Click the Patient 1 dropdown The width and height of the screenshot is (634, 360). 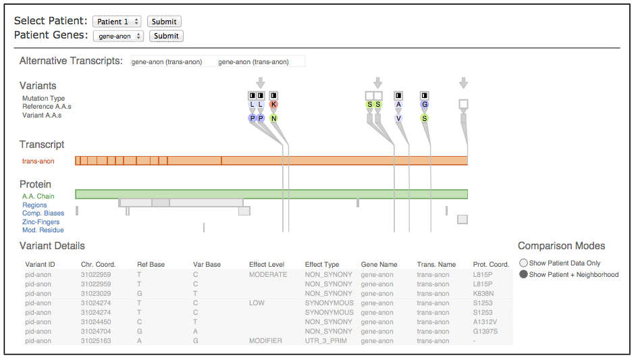pyautogui.click(x=117, y=22)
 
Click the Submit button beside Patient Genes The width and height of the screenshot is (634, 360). pyautogui.click(x=166, y=36)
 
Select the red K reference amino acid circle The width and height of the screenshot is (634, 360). pyautogui.click(x=273, y=105)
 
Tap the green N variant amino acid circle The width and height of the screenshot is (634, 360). pyautogui.click(x=273, y=118)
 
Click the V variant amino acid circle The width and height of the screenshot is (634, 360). pyautogui.click(x=398, y=118)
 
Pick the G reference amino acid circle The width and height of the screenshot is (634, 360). pyautogui.click(x=425, y=105)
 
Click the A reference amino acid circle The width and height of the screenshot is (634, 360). pyautogui.click(x=398, y=105)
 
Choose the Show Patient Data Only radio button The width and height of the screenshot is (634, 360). pyautogui.click(x=524, y=263)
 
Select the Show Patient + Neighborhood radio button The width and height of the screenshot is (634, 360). pyautogui.click(x=524, y=274)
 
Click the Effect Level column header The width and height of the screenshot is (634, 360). pyautogui.click(x=267, y=265)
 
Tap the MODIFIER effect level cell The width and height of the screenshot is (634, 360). pyautogui.click(x=265, y=341)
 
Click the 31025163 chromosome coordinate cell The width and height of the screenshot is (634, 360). pyautogui.click(x=96, y=341)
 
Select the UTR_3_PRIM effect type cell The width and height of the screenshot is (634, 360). pyautogui.click(x=326, y=341)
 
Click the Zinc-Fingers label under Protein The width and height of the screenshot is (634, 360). pyautogui.click(x=41, y=222)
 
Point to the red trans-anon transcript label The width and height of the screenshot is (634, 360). pyautogui.click(x=38, y=161)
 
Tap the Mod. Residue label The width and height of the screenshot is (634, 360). pyautogui.click(x=43, y=230)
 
